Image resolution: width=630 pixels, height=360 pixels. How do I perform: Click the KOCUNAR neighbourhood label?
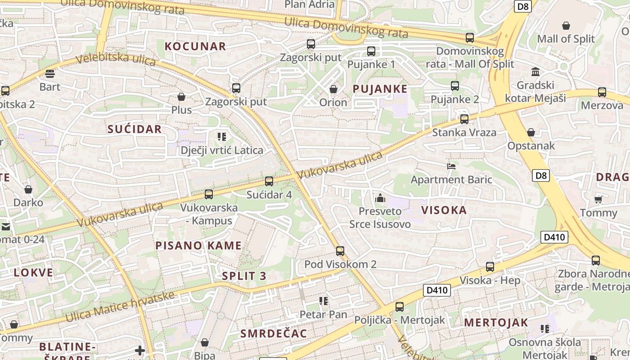click(195, 46)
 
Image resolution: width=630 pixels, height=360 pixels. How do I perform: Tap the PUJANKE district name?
click(380, 89)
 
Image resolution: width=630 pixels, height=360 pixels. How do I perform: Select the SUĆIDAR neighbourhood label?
click(134, 129)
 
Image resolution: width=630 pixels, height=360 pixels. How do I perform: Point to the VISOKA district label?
click(444, 210)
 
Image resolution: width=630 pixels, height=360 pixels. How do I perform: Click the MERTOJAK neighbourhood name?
click(496, 322)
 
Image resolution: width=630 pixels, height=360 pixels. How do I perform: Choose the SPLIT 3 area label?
click(244, 276)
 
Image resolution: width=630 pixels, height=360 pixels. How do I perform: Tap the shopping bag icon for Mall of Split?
click(566, 26)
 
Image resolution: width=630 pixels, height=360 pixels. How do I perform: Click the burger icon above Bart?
click(49, 74)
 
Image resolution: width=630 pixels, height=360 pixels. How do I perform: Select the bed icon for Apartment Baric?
click(451, 166)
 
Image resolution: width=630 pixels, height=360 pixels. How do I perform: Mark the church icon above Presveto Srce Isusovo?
click(380, 198)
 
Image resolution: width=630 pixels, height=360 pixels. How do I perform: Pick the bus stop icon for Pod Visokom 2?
click(340, 251)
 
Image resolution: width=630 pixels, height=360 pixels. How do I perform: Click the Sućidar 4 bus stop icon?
click(269, 181)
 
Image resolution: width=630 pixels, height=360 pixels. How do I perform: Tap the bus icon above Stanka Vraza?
click(464, 119)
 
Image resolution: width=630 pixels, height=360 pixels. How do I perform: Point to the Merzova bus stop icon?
click(602, 92)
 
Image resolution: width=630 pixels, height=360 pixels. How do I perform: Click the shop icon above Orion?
click(333, 89)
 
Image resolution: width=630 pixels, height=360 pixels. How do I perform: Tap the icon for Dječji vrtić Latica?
click(221, 136)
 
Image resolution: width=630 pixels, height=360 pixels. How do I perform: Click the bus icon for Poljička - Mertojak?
click(399, 307)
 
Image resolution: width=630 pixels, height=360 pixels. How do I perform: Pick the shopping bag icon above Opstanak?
click(531, 132)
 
